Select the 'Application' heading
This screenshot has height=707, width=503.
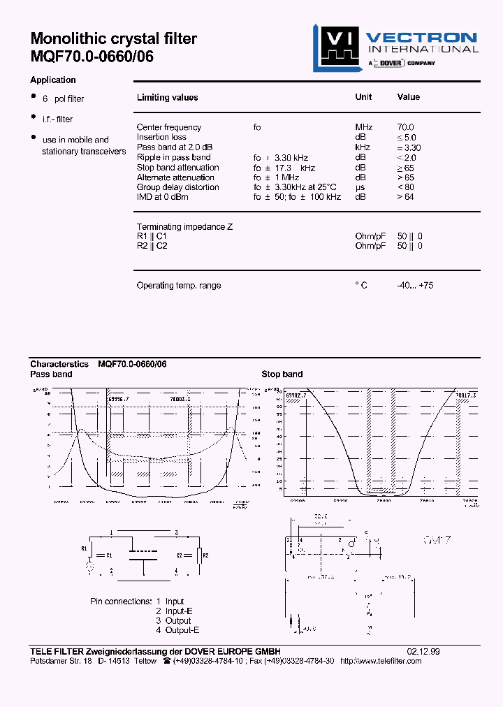(53, 80)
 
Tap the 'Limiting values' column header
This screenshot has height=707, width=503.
(167, 98)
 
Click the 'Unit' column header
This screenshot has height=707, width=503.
(363, 97)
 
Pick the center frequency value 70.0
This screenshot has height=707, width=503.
(405, 127)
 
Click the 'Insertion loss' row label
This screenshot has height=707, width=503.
(161, 137)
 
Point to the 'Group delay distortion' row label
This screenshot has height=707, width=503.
(177, 187)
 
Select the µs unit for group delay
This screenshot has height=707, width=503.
(360, 187)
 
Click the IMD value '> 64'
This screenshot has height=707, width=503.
(406, 197)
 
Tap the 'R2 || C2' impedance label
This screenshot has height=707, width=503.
(152, 246)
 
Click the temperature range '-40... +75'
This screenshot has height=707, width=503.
(415, 286)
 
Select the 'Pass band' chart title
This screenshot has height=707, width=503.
(51, 374)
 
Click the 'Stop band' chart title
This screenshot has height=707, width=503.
(282, 374)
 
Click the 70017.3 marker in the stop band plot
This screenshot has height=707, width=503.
(465, 395)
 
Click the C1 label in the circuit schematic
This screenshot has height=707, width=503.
(108, 555)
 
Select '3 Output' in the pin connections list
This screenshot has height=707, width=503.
(173, 620)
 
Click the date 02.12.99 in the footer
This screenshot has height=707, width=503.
(423, 651)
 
